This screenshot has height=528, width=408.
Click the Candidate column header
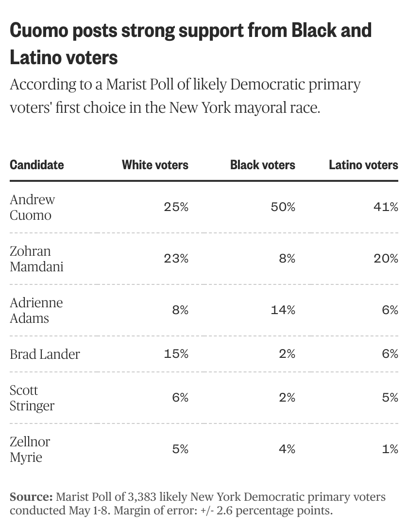pos(36,165)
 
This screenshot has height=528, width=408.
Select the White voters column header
pos(155,165)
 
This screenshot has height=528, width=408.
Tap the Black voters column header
pos(262,165)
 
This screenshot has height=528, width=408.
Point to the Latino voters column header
pos(363,165)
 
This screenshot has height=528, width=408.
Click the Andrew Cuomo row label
pos(33,207)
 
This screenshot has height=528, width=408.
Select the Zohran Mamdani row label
pos(36,259)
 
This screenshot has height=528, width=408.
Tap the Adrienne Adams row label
pos(36,310)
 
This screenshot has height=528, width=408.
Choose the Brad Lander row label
pos(45,354)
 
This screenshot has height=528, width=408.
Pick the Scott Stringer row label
pos(32,398)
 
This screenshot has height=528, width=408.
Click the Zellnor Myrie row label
pos(30,449)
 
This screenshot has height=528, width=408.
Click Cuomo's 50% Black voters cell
pos(283,207)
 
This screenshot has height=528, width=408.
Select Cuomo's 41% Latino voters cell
pos(386,207)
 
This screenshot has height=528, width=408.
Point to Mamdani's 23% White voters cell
pos(176,259)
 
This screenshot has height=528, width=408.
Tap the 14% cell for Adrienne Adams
pos(283,310)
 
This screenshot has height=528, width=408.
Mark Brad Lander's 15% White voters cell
pos(176,354)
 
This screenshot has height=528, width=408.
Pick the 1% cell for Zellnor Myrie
pos(390,449)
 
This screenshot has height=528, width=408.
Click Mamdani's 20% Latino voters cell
pos(386,259)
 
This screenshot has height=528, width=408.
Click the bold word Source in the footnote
pos(31,497)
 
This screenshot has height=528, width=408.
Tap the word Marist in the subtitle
pos(124,85)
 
